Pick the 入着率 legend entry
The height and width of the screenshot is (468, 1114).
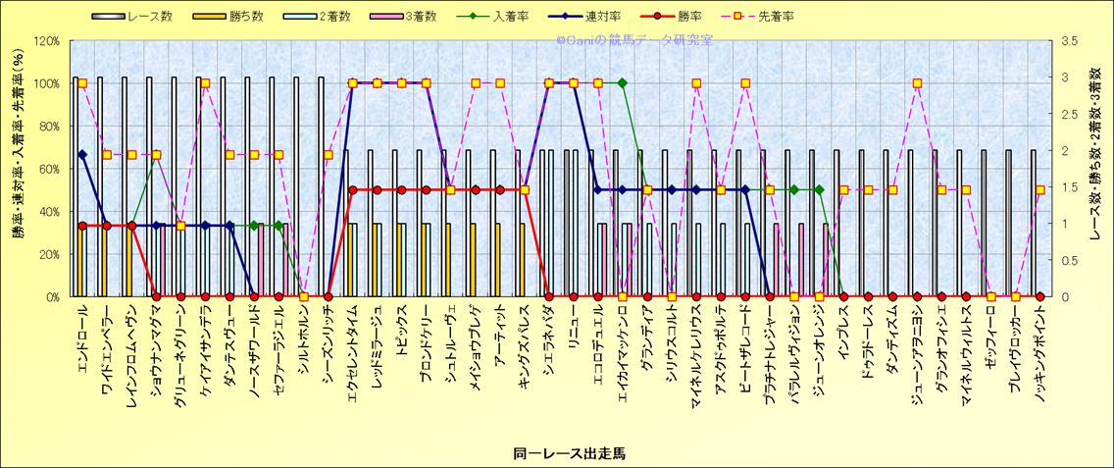[x=506, y=17]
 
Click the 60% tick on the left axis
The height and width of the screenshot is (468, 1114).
[x=49, y=169]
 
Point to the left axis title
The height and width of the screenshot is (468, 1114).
[x=19, y=169]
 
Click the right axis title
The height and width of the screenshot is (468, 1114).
[x=1095, y=169]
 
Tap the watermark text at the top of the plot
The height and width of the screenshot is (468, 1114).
[x=634, y=41]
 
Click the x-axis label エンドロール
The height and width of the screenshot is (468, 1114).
[x=82, y=339]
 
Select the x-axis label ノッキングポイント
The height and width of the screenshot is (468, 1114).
[x=1038, y=347]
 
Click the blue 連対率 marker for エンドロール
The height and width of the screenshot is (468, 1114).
[x=82, y=154]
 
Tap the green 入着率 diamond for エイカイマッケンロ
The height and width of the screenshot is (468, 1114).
[x=623, y=83]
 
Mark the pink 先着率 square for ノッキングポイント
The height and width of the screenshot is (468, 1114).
[x=1040, y=190]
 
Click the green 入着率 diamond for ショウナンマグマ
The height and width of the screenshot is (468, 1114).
[x=156, y=155]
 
